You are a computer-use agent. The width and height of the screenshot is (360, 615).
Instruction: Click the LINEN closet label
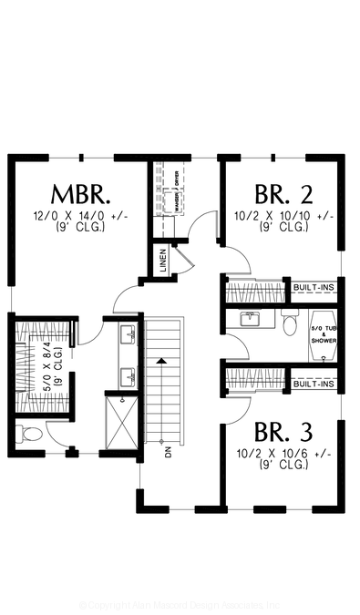pyautogui.click(x=162, y=261)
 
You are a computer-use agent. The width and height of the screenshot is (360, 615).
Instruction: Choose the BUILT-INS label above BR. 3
pyautogui.click(x=314, y=384)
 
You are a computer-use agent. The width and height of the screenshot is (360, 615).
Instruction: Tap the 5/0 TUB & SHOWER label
pyautogui.click(x=324, y=335)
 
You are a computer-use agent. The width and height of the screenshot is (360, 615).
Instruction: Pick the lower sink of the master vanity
pyautogui.click(x=128, y=374)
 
